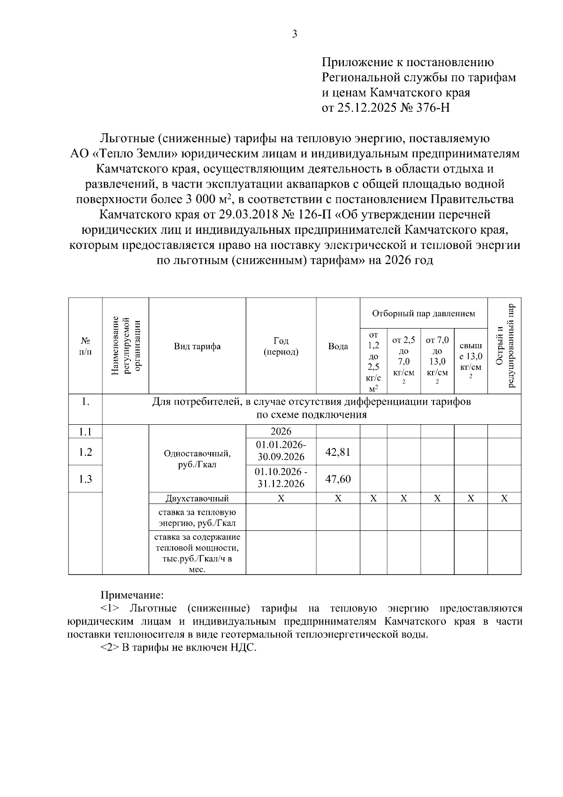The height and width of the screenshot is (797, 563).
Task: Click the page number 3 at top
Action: [295, 34]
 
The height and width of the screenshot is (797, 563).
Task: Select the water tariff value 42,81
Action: [338, 452]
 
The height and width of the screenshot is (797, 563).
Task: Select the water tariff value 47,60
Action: [338, 479]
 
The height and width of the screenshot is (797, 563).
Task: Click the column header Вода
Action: [338, 346]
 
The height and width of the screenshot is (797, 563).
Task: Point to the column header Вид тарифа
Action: [197, 346]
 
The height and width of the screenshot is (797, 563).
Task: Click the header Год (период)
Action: [281, 346]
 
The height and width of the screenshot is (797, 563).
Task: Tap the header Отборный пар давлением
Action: [423, 313]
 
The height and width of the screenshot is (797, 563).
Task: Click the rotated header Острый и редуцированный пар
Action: [504, 346]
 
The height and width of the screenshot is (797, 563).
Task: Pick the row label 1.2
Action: [85, 452]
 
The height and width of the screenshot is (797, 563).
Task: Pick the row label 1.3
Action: [85, 479]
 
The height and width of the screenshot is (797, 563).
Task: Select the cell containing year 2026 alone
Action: [281, 431]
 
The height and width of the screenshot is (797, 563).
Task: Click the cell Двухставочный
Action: [197, 498]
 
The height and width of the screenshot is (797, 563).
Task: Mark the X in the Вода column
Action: [338, 498]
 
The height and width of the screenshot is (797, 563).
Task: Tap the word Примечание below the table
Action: [132, 595]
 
